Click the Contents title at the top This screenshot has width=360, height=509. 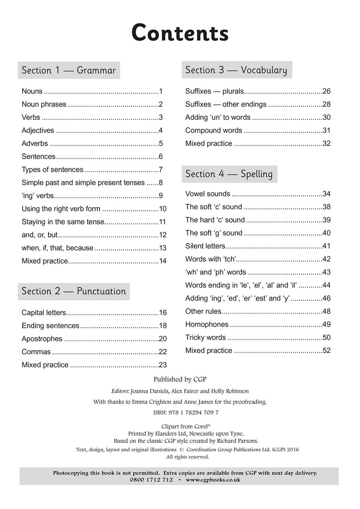coord(180,33)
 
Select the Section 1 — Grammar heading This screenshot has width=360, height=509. coord(69,70)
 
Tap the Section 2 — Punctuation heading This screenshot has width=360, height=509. coord(74,291)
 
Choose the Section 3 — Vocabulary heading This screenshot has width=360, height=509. coord(236,70)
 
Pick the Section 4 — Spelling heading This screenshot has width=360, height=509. coord(229,174)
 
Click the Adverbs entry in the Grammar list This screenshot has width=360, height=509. coord(35,144)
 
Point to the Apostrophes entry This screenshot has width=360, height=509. coord(42,339)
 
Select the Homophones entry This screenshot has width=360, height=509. coord(207,324)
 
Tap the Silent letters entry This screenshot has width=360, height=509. coord(205,246)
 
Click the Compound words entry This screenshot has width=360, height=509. coord(214,131)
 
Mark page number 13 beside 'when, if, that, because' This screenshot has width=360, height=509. coord(163,248)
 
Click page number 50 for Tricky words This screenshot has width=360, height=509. coord(326,338)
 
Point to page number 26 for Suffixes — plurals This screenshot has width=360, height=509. coord(326,91)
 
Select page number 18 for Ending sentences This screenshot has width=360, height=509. coord(163,326)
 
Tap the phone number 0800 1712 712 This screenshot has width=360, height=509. coord(151,480)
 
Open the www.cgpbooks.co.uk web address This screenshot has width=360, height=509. coord(213,480)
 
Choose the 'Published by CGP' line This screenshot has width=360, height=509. coord(180,380)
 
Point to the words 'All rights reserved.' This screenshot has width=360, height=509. coord(188,457)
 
